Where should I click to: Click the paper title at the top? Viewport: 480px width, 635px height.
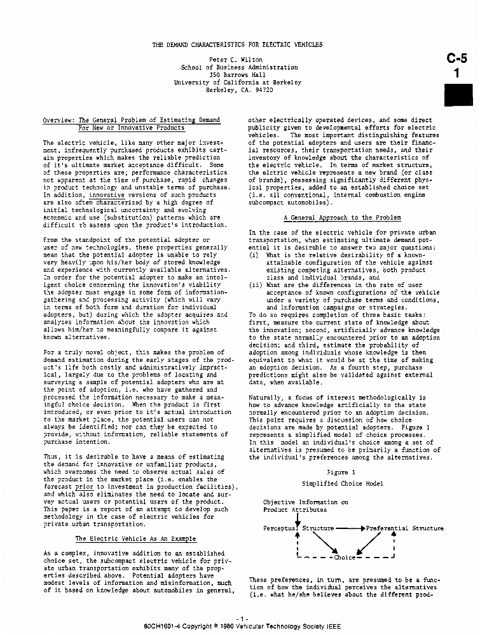pyautogui.click(x=237, y=44)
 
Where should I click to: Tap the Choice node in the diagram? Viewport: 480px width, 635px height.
pyautogui.click(x=345, y=558)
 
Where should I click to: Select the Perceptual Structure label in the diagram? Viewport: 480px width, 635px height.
pyautogui.click(x=298, y=528)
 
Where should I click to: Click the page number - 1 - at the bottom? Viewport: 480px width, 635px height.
pyautogui.click(x=241, y=618)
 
